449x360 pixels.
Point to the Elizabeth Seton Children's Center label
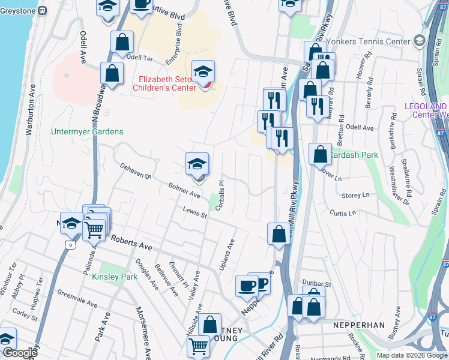(168, 83)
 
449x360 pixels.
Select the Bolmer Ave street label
(184, 190)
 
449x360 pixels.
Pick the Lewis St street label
(195, 212)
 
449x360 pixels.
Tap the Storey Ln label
(355, 195)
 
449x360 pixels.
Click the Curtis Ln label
(343, 212)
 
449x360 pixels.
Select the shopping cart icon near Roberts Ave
(94, 229)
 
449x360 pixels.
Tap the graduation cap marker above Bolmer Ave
(197, 164)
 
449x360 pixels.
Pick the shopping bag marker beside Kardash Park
(321, 154)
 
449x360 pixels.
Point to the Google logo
(19, 353)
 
